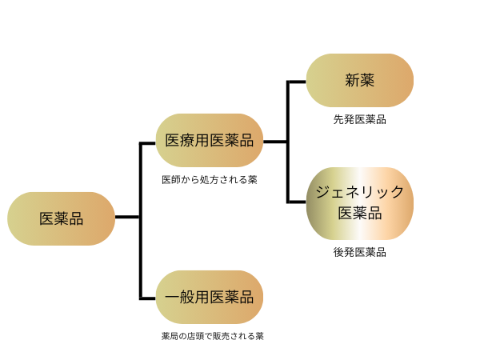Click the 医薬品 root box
[x=61, y=218]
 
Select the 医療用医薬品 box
[x=209, y=141]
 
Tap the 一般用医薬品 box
[x=209, y=298]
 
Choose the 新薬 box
[x=359, y=80]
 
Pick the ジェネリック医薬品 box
[x=359, y=202]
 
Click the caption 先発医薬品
[x=359, y=120]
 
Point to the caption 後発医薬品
[x=359, y=252]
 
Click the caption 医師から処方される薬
[x=209, y=180]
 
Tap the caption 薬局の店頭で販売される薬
[x=212, y=336]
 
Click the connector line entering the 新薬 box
[x=297, y=81]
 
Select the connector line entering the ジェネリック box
[x=297, y=202]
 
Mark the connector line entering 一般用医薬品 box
[x=148, y=298]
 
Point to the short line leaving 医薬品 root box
[x=127, y=218]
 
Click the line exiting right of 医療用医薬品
[x=275, y=142]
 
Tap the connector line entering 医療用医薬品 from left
[x=148, y=144]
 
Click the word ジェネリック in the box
[x=359, y=193]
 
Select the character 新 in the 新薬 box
[x=352, y=80]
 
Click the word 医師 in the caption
[x=170, y=180]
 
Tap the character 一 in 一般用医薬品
[x=171, y=298]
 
